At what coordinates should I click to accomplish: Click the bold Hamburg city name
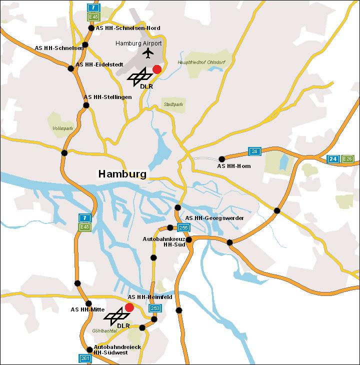122,174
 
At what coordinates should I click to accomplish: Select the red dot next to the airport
157,69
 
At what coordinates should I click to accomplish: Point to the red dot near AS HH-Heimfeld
129,307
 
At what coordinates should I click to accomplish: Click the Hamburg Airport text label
138,43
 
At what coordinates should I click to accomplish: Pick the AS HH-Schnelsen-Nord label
128,28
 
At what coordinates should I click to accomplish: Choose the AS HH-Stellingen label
107,97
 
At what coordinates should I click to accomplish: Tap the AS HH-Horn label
233,166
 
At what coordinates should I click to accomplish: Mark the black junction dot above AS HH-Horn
222,159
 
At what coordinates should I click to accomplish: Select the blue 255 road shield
183,227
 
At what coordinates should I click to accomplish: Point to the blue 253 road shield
155,308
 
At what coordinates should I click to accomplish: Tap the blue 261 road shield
85,358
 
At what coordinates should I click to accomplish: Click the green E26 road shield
348,159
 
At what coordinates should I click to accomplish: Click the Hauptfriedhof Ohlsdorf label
198,62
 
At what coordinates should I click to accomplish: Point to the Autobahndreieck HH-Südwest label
117,349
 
